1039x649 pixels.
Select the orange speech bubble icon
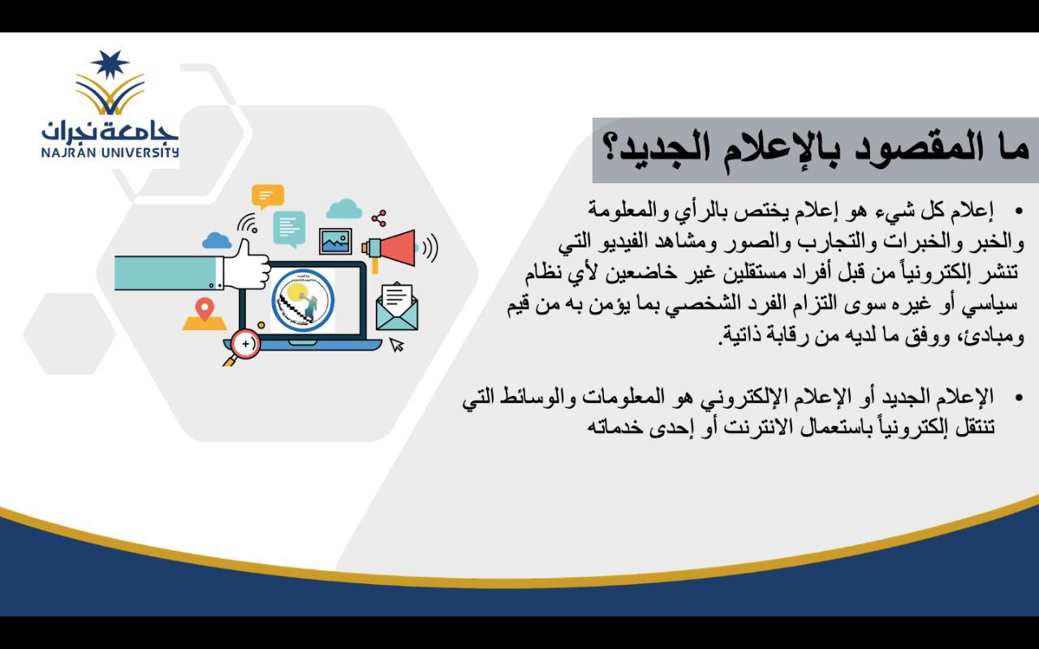pos(268,196)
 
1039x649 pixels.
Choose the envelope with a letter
pos(397,307)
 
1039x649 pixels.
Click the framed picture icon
pos(335,241)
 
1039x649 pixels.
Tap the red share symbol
pos(379,218)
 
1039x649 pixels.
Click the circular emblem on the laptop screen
pos(303,300)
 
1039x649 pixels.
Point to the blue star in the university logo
pos(110,64)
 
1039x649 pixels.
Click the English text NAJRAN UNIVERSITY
pos(110,152)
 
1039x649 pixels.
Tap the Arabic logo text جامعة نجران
pos(110,131)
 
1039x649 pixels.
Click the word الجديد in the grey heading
pos(658,149)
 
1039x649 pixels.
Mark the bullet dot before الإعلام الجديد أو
pos(1019,398)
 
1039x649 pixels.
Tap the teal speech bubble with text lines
pos(290,229)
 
